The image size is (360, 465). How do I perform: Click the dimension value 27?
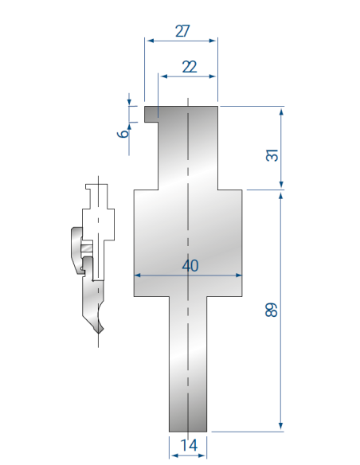click(x=182, y=31)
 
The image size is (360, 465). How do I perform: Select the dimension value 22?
click(x=190, y=67)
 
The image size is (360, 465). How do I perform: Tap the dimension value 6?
click(x=123, y=133)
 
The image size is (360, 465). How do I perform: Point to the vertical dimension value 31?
click(x=272, y=155)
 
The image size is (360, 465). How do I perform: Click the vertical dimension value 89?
click(x=272, y=310)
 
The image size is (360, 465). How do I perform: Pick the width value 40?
click(x=190, y=265)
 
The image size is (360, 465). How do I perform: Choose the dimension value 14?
click(x=189, y=445)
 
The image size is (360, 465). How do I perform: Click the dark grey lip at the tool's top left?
click(x=151, y=114)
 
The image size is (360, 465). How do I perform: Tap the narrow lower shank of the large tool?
click(x=188, y=364)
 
